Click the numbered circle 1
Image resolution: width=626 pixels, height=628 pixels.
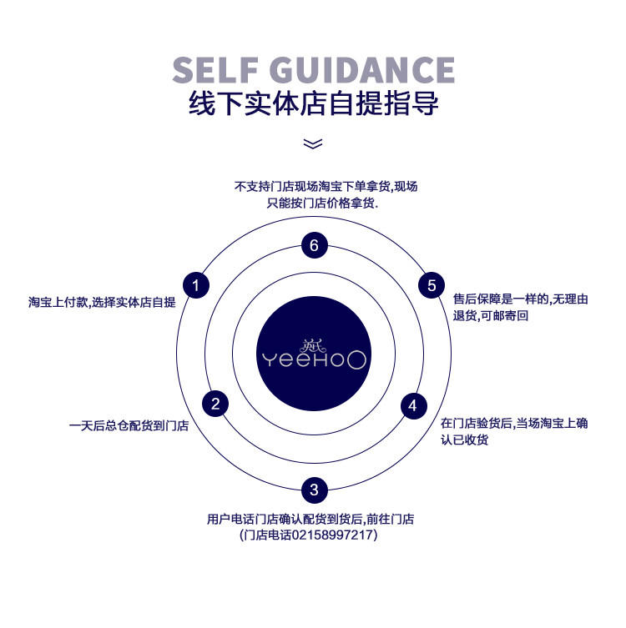(x=195, y=286)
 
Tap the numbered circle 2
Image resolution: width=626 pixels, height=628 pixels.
(x=215, y=404)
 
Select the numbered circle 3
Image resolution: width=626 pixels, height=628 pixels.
(x=314, y=490)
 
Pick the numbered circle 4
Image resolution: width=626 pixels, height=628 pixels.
(x=412, y=405)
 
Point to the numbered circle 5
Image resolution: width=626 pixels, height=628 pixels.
(x=432, y=285)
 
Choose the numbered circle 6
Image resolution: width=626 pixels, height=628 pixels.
(x=314, y=245)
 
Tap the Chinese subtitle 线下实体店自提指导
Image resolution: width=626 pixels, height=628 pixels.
(x=314, y=104)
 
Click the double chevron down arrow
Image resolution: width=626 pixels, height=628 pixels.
(x=313, y=143)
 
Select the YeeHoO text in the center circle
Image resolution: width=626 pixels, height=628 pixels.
(x=313, y=360)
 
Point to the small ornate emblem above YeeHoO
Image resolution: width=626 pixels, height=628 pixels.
(x=313, y=342)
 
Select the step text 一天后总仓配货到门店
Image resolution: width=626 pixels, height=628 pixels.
(x=129, y=426)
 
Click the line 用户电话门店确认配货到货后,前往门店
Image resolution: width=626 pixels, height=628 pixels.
(x=310, y=519)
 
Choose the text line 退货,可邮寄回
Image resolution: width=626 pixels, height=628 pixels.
(x=491, y=315)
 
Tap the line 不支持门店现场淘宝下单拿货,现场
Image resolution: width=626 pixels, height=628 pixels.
(x=326, y=187)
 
